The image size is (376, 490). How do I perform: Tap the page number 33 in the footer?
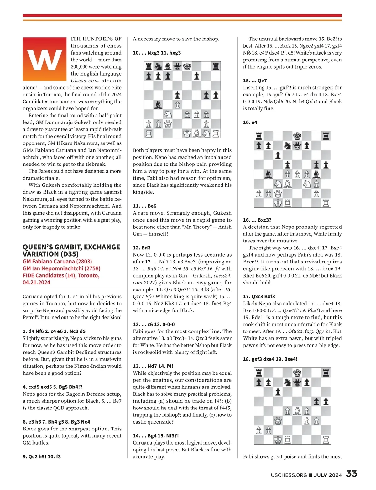[351, 474]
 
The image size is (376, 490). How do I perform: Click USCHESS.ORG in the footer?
[289, 475]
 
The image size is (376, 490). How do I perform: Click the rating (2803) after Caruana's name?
[82, 261]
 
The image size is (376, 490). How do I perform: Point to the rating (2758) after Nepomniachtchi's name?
[91, 268]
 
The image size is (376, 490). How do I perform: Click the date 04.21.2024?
[36, 282]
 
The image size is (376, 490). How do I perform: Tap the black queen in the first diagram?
[177, 66]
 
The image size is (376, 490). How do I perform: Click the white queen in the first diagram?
[168, 124]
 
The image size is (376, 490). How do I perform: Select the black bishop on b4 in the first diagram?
[158, 105]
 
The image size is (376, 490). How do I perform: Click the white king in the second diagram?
[278, 203]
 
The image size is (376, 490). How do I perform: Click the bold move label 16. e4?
[250, 122]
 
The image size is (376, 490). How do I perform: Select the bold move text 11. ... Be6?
[144, 206]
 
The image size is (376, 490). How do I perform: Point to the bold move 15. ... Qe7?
[255, 81]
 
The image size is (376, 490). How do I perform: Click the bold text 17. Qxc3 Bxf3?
[259, 296]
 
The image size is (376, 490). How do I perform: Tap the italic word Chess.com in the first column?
[85, 81]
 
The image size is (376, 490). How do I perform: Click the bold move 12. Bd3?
[142, 248]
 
